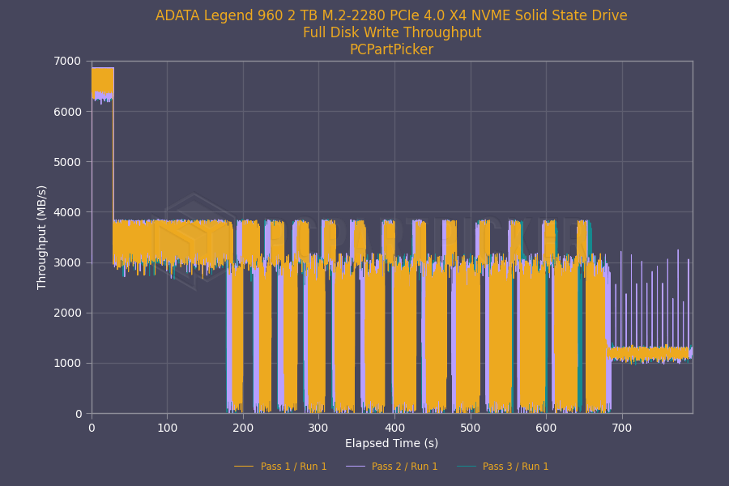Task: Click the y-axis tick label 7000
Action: click(67, 61)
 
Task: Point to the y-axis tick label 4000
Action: click(67, 212)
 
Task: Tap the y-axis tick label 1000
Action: click(67, 363)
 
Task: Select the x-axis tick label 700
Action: click(622, 428)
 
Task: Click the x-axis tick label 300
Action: click(318, 428)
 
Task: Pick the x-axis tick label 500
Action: click(471, 428)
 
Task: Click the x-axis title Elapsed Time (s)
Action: click(392, 443)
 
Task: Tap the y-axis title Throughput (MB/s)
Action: click(42, 237)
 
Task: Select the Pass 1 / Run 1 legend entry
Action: click(280, 467)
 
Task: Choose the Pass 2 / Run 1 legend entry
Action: click(392, 467)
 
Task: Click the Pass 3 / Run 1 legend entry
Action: click(502, 467)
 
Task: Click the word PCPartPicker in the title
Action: click(392, 49)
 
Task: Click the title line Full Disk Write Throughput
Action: click(392, 32)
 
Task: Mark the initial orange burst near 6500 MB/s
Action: click(103, 83)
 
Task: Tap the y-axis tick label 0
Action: click(79, 414)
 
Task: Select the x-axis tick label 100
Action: click(168, 428)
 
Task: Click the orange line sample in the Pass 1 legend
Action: click(244, 467)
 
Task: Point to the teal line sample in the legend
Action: click(466, 467)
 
